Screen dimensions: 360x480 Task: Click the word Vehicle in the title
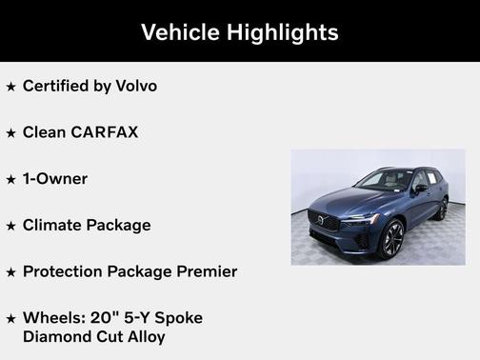[x=180, y=32]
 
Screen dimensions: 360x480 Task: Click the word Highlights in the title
[x=281, y=32]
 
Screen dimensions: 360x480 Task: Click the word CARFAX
[x=104, y=132]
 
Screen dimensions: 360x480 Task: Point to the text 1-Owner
[x=55, y=179]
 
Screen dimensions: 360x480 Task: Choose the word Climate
[x=55, y=226]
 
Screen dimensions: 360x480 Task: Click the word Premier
[x=202, y=271]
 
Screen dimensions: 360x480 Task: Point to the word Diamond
[x=55, y=336]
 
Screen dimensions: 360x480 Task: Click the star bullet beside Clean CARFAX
[x=11, y=133]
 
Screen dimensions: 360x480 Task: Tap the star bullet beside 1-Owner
[x=11, y=180]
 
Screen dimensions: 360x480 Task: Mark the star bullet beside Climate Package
[x=11, y=227]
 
